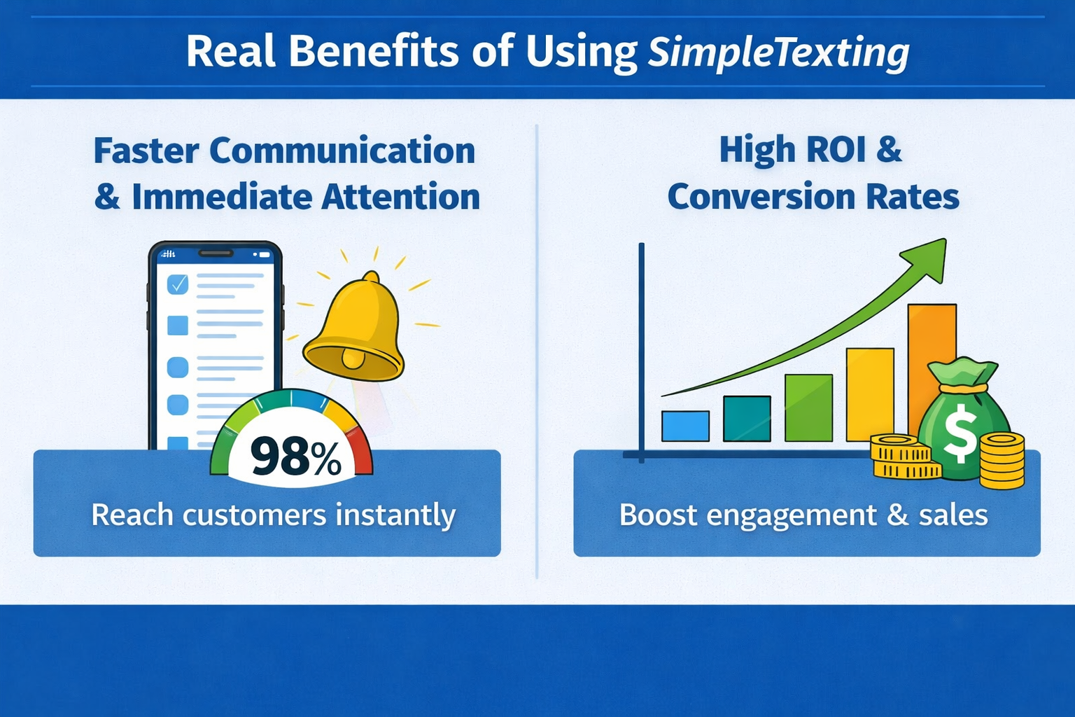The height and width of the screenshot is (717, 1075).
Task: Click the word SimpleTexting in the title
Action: (778, 53)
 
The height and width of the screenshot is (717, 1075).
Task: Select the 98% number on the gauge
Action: (295, 456)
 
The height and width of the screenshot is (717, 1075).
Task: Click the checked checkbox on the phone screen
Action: (178, 284)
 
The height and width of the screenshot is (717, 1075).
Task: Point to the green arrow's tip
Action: (946, 239)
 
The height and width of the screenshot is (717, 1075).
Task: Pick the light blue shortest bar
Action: (685, 426)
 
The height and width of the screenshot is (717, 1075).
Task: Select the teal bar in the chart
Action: (747, 418)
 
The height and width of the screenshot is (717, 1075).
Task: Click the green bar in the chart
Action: (808, 408)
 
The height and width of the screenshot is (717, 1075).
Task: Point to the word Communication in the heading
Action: (342, 151)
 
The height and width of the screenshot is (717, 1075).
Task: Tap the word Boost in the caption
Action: (658, 515)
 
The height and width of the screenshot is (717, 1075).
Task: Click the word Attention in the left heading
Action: (401, 197)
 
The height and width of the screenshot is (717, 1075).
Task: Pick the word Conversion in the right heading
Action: (761, 197)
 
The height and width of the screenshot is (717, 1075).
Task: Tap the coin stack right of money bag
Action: (1002, 461)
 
